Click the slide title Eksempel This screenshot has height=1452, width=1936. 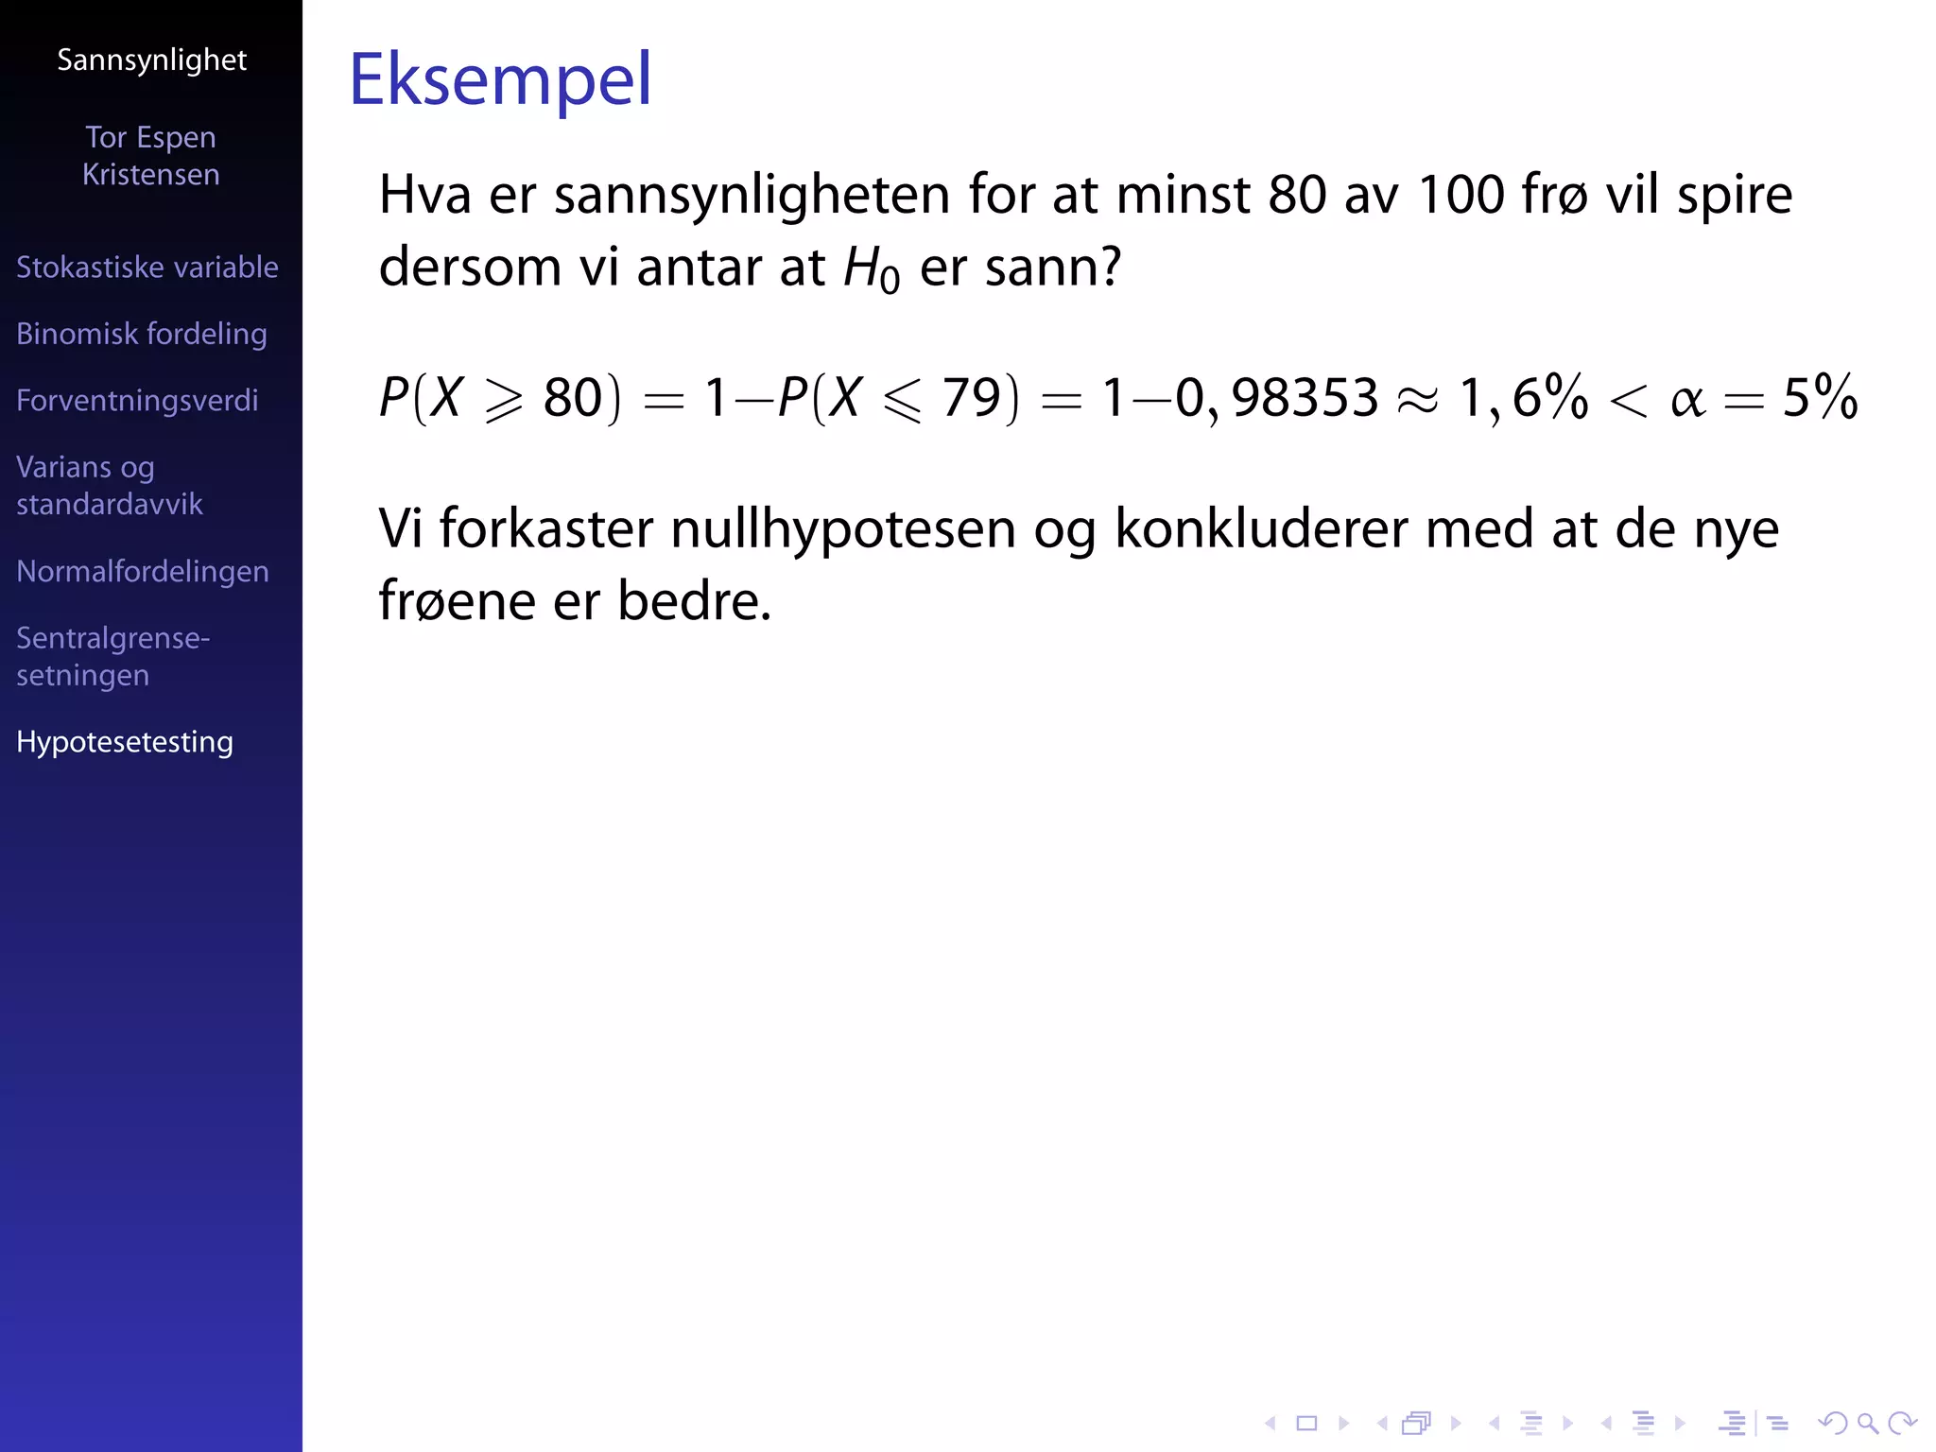point(500,79)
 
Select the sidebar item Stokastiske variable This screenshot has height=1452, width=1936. point(147,268)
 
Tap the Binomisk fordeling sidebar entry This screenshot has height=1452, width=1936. point(141,334)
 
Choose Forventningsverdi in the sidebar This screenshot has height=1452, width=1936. point(137,401)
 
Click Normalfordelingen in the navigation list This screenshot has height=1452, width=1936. point(142,572)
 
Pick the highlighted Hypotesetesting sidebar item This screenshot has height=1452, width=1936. point(124,742)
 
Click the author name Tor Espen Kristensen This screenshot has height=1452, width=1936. point(150,156)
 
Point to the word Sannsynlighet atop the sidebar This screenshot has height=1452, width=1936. point(151,60)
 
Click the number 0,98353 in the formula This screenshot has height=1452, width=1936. point(1276,397)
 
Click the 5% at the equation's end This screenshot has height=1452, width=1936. point(1820,397)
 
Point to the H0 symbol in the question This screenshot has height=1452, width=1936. point(870,268)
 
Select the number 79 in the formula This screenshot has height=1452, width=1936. point(971,397)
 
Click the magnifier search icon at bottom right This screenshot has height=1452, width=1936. point(1867,1423)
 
